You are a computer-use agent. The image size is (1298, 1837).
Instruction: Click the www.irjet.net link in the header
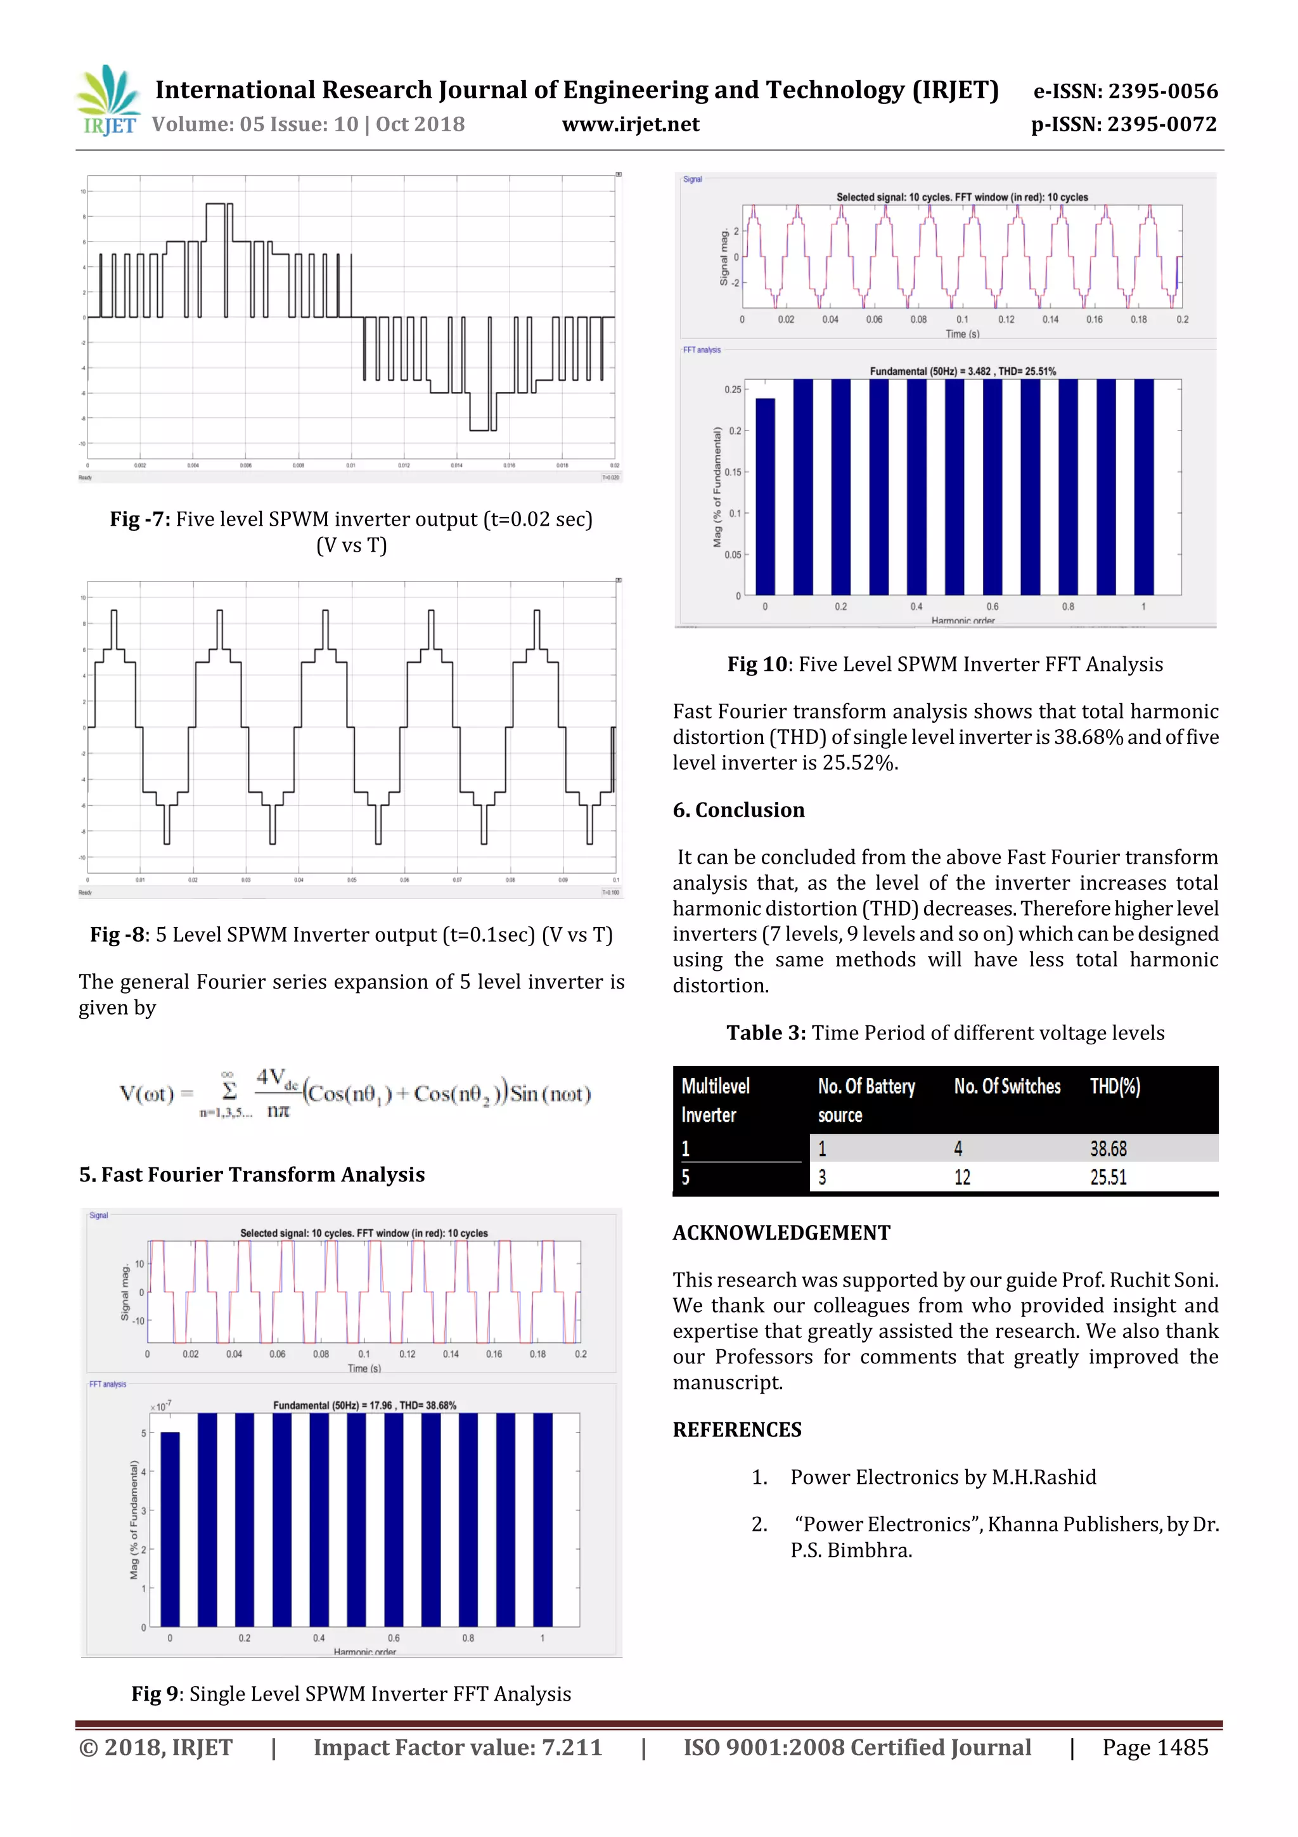pos(630,124)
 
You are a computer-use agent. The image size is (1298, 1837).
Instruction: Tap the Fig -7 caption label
pos(140,519)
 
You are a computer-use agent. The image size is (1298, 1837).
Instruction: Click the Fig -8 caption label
pos(119,935)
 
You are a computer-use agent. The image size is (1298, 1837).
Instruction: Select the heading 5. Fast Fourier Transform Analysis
pos(252,1174)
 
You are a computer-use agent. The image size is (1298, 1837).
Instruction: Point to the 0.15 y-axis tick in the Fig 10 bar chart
pos(733,472)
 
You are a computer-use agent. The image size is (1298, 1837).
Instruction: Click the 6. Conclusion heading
pos(738,810)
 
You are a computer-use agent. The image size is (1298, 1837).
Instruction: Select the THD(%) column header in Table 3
pos(1115,1086)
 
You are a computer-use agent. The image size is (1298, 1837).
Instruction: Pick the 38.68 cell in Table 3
pos(1108,1149)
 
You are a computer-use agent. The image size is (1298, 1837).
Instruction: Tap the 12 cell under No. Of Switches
pos(962,1178)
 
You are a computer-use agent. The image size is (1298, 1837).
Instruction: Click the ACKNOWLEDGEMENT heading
pos(781,1233)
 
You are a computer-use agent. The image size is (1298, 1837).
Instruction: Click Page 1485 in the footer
pos(1155,1748)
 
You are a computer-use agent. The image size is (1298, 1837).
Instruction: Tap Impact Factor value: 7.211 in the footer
pos(458,1748)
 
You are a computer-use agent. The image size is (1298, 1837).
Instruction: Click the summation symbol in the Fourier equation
pos(229,1091)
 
